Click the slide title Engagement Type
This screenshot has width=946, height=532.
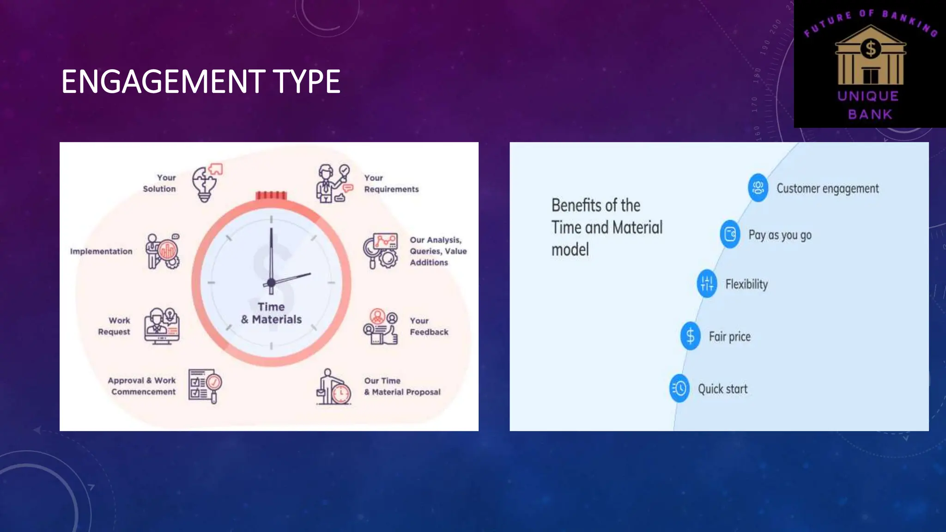(x=200, y=82)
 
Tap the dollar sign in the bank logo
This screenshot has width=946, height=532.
(x=871, y=48)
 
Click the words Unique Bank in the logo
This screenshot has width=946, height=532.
(x=869, y=105)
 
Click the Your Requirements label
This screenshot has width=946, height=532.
(x=391, y=183)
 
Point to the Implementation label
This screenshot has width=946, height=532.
(x=101, y=251)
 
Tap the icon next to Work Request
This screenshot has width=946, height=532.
(x=161, y=326)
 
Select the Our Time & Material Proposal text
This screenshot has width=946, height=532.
(x=402, y=387)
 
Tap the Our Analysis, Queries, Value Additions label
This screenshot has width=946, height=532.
(x=437, y=251)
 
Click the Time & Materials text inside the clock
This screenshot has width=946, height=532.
(x=271, y=313)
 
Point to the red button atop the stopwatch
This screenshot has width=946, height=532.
(x=271, y=195)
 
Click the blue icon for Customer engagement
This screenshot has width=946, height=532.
(x=758, y=187)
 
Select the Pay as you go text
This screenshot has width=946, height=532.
(x=780, y=235)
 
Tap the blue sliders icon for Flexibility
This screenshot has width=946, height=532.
(x=707, y=283)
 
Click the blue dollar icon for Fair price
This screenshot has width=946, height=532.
(x=690, y=336)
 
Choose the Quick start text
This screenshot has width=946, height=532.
(x=722, y=389)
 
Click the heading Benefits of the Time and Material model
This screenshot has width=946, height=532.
(x=606, y=227)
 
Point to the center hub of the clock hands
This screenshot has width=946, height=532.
(x=271, y=282)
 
